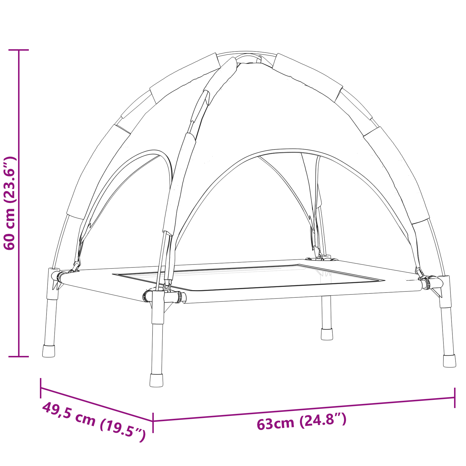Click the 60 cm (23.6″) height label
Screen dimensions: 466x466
click(x=9, y=203)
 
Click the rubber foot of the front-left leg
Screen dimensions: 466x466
click(x=156, y=380)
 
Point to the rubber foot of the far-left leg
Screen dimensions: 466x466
click(x=49, y=351)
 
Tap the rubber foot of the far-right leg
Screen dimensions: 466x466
click(x=449, y=361)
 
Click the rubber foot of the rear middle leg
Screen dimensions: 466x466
click(x=327, y=334)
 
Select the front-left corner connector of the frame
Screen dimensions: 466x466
click(x=158, y=296)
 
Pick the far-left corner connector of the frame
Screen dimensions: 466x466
click(x=54, y=276)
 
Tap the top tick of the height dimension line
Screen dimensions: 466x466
click(x=19, y=50)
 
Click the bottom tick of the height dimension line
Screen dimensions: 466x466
click(x=19, y=356)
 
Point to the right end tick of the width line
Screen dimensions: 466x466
click(x=455, y=398)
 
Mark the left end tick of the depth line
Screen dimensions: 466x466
click(x=41, y=388)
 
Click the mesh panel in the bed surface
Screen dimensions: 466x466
click(x=248, y=277)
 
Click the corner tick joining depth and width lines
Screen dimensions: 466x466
click(x=153, y=421)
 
